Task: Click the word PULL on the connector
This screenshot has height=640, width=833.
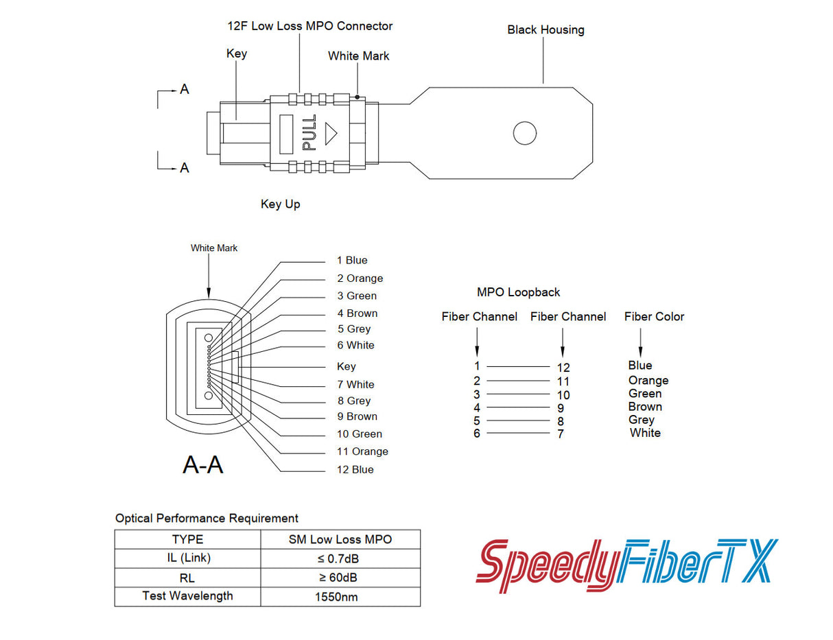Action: pyautogui.click(x=309, y=132)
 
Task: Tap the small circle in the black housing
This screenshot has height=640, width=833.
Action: pyautogui.click(x=525, y=133)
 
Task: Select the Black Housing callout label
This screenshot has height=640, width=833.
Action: pyautogui.click(x=545, y=29)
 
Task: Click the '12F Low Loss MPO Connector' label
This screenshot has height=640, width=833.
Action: pyautogui.click(x=310, y=26)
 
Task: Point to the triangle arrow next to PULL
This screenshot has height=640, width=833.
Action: pyautogui.click(x=331, y=133)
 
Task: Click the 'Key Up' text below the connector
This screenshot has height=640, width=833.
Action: pyautogui.click(x=280, y=204)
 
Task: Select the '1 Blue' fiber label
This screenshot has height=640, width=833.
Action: pyautogui.click(x=352, y=260)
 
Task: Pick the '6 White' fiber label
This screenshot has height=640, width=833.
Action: pyautogui.click(x=355, y=345)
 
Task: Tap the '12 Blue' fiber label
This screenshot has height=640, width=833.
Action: pyautogui.click(x=355, y=469)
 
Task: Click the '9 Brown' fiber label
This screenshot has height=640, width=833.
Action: pyautogui.click(x=357, y=416)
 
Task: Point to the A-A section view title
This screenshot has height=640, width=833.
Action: pyautogui.click(x=202, y=464)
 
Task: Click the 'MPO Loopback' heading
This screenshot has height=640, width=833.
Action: pyautogui.click(x=518, y=292)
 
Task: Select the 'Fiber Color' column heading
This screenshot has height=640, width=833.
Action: pyautogui.click(x=654, y=316)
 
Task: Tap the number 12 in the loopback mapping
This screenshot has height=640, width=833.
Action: pyautogui.click(x=563, y=368)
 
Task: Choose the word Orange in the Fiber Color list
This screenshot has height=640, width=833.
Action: pyautogui.click(x=648, y=380)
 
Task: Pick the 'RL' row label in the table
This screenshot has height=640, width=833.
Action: pyautogui.click(x=187, y=578)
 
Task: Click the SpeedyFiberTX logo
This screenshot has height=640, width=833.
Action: pyautogui.click(x=627, y=567)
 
